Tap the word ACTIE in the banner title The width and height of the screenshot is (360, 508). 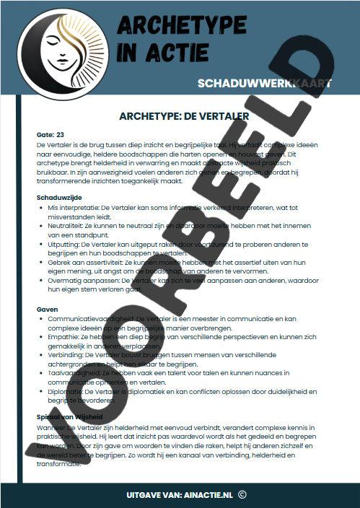coord(160,53)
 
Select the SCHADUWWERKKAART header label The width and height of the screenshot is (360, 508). coord(264,84)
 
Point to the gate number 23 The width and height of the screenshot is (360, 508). coord(61,135)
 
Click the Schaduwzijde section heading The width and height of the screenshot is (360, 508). coord(58,197)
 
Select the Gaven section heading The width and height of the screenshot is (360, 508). coord(47,308)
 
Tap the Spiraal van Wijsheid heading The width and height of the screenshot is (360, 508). coord(70,417)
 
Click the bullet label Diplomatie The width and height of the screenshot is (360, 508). coord(67,391)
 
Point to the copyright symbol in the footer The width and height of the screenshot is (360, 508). coord(242,494)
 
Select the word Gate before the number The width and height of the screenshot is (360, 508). coord(44,135)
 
